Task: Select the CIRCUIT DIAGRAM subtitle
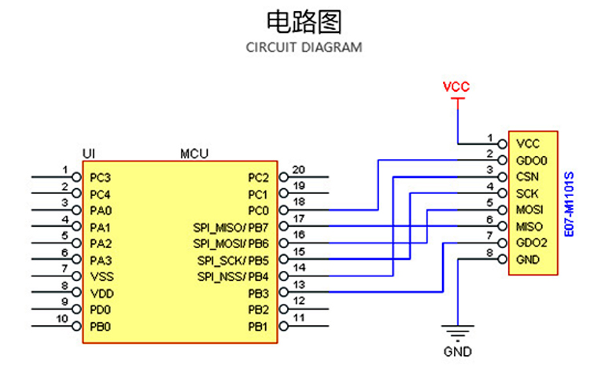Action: pos(304,47)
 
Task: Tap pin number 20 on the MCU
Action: pos(298,169)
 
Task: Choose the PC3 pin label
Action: pos(101,178)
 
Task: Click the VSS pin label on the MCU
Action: pos(101,277)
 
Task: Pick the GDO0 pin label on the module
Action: pos(531,160)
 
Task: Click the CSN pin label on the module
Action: pos(528,176)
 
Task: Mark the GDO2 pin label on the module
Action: pos(531,243)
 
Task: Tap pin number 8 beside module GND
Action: pos(490,253)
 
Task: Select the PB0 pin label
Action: pos(101,326)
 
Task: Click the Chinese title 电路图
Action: pos(304,21)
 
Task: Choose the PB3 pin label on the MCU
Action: pos(258,294)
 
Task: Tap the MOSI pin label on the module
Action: pos(529,209)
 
